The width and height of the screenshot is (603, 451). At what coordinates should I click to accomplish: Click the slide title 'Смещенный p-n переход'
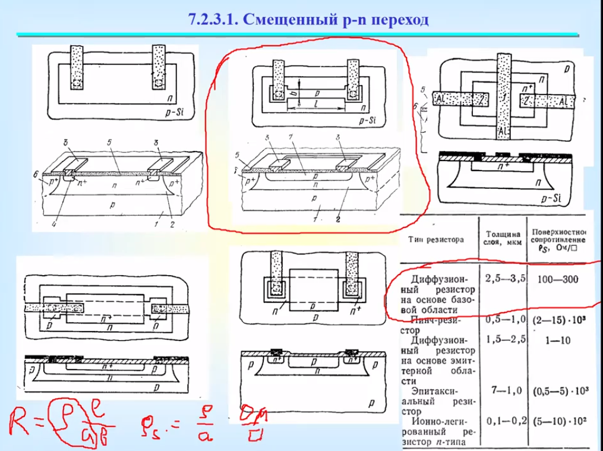(x=308, y=19)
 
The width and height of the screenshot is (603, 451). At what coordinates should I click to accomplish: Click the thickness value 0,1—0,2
(x=505, y=421)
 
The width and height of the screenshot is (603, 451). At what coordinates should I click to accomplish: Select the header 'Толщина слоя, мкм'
(x=504, y=238)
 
